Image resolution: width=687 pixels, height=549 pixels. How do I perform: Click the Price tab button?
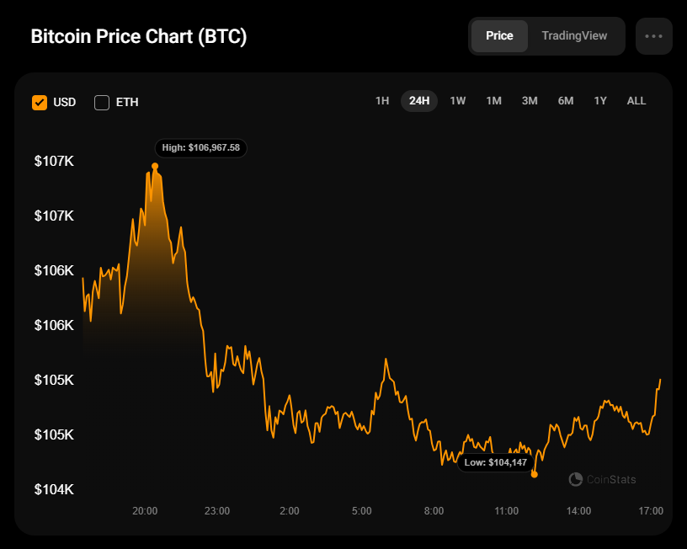pos(499,36)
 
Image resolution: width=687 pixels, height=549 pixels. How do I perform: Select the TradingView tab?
pos(574,36)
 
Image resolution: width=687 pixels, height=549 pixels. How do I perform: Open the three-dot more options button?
pos(654,36)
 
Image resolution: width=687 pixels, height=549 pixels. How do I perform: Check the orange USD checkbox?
pos(40,103)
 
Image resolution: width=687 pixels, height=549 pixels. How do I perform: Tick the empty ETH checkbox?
pos(102,103)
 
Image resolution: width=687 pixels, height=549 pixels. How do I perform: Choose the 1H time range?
pos(382,101)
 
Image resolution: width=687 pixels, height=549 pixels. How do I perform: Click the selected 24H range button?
pos(419,101)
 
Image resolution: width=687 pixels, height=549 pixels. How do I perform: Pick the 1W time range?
pos(458,101)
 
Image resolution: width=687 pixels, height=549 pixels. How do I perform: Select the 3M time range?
pos(530,101)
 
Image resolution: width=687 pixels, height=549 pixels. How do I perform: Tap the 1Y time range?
pos(600,101)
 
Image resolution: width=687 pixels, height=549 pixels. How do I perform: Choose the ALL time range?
pos(636,101)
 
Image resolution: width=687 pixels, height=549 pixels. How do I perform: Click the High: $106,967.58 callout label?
pos(201,147)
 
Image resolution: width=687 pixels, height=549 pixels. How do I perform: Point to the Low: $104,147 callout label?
pos(495,462)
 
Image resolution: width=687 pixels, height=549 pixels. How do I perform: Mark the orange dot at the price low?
pos(535,474)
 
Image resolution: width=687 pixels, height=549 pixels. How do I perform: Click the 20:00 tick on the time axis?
pos(145,511)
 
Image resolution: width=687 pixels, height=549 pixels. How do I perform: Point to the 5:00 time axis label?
pos(362,511)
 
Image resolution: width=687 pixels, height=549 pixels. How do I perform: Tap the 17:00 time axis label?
pos(651,511)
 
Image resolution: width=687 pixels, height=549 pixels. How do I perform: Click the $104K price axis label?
pos(54,490)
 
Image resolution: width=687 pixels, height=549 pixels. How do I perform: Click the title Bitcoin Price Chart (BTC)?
pos(139,37)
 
